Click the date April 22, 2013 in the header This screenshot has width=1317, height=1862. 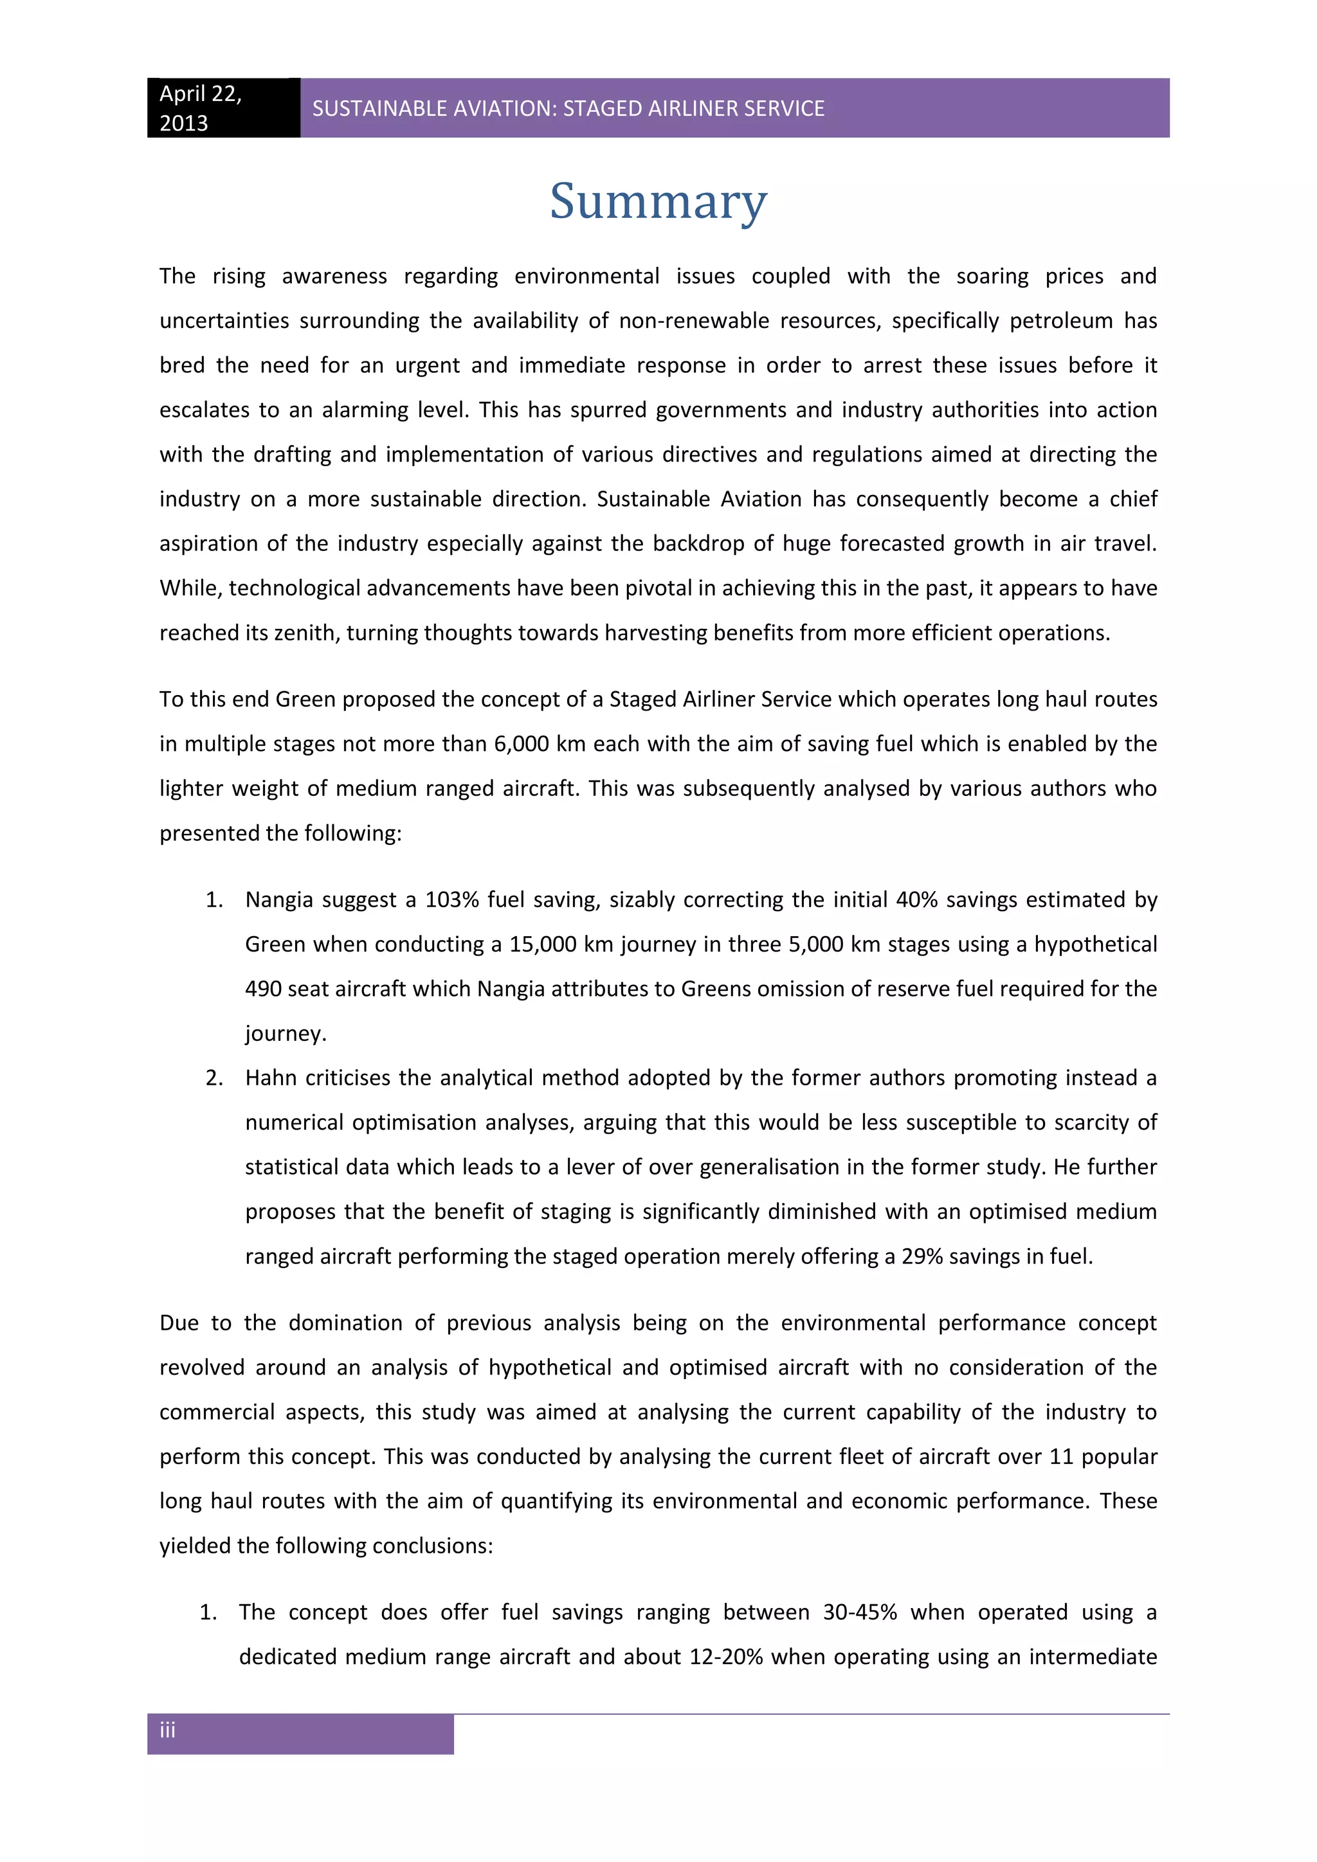[x=199, y=108]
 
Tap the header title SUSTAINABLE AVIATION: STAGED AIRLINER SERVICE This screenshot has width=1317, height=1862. [x=568, y=109]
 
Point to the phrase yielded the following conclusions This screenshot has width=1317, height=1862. [x=326, y=1546]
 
